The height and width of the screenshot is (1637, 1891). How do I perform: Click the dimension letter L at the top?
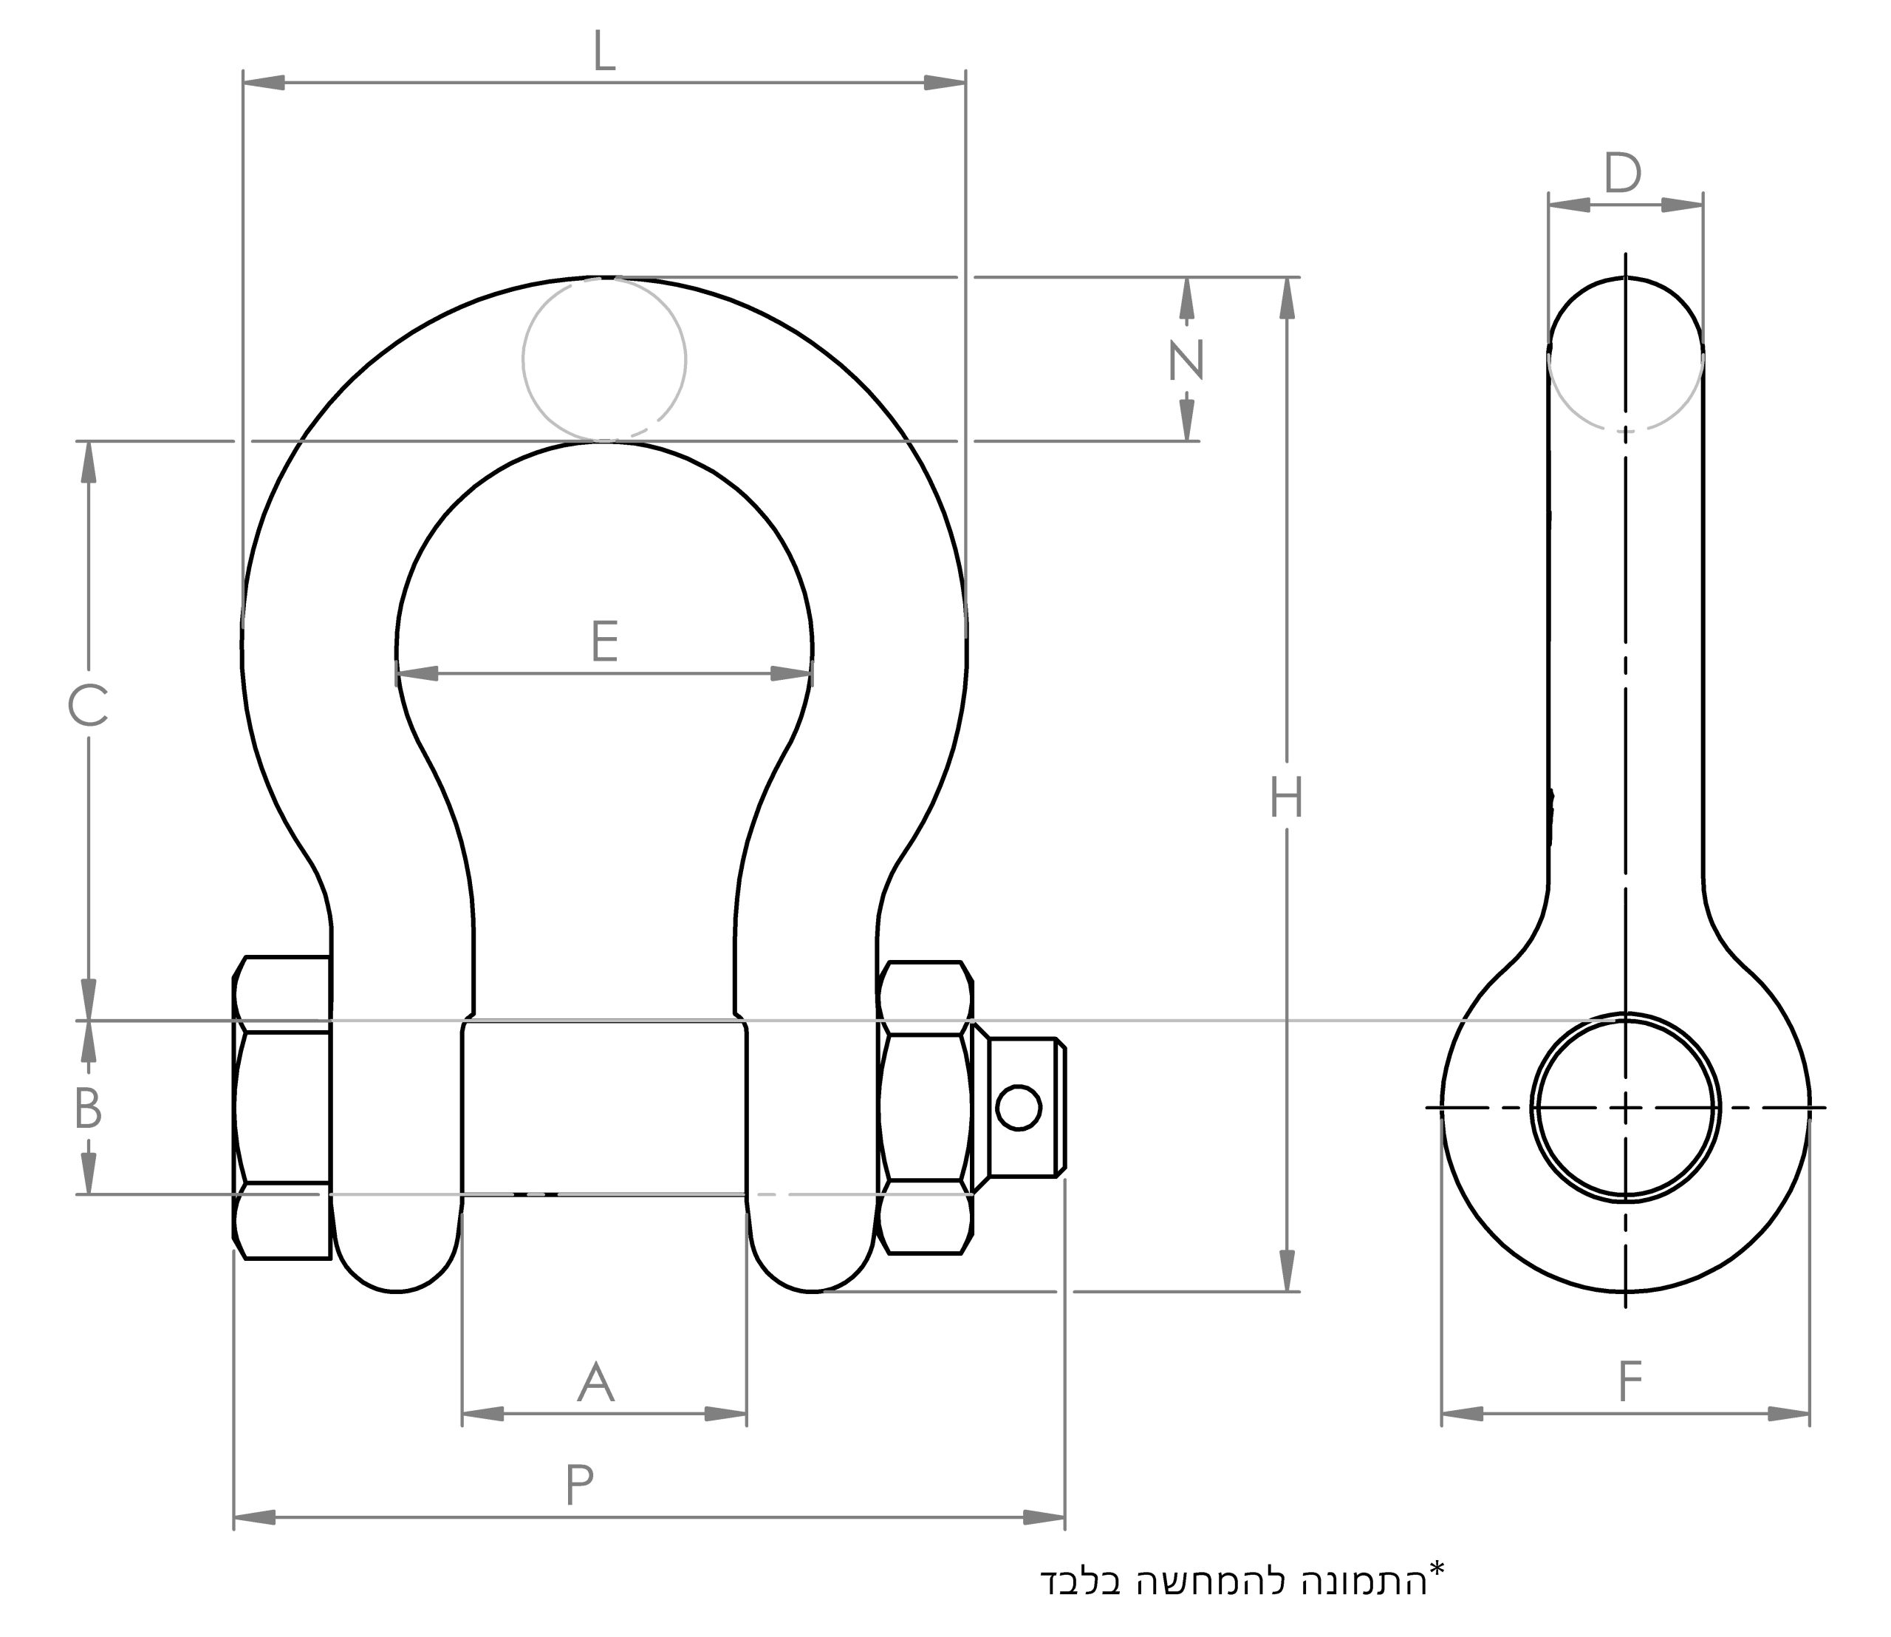tap(603, 52)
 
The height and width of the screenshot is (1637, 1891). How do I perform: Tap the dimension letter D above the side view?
tap(1623, 174)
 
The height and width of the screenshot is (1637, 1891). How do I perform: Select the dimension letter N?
tap(1186, 360)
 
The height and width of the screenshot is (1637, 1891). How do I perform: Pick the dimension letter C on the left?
tap(88, 706)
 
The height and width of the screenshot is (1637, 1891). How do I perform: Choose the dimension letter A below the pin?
tap(595, 1382)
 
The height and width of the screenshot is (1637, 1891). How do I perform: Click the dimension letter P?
tap(579, 1485)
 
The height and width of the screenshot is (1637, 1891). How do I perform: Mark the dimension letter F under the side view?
tap(1630, 1382)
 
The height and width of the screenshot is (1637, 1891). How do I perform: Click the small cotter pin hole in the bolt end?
tap(1019, 1108)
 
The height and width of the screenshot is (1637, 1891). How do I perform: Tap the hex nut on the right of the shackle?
tap(924, 1107)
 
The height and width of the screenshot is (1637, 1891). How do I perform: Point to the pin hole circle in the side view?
tap(1625, 1107)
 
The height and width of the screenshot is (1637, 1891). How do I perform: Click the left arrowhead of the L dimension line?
tap(264, 83)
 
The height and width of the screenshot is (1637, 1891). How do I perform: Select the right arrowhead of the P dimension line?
tap(1044, 1518)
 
